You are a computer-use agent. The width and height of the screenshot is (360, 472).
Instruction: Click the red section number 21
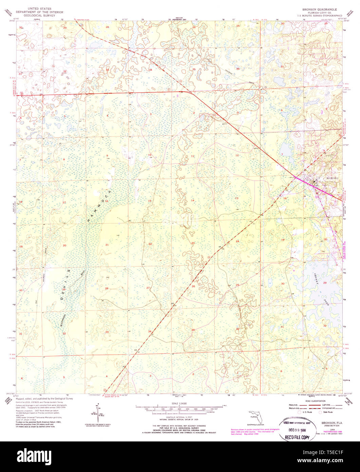coord(107,244)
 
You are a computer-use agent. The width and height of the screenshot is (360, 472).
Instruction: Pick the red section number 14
coord(192,200)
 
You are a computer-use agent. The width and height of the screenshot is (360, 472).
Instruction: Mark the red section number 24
coord(237,241)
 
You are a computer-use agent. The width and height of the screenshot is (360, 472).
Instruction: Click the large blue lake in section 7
coord(286,150)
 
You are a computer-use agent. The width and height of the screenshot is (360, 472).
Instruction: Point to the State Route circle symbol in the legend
coord(320,412)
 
